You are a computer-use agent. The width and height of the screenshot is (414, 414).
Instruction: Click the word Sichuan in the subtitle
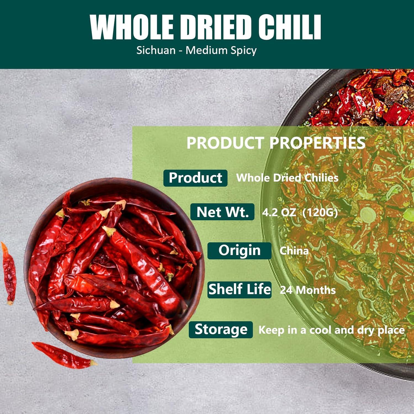(x=156, y=51)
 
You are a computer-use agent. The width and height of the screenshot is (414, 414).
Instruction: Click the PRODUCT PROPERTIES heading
(x=276, y=143)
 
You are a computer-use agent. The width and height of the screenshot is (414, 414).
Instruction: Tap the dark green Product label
(x=195, y=178)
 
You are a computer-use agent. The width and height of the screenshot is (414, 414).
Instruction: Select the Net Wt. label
(x=222, y=212)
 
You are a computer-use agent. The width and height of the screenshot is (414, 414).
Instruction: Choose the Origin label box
(x=239, y=251)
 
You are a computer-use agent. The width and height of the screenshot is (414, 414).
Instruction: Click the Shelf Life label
(x=239, y=290)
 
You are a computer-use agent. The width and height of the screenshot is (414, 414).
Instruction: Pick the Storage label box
(x=221, y=330)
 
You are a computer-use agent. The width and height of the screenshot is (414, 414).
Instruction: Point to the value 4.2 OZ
(x=279, y=213)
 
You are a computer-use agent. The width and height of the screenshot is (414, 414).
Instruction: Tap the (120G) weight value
(x=320, y=213)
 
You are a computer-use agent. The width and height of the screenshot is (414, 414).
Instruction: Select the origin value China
(x=294, y=251)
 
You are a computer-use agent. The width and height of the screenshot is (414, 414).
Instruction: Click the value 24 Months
(x=308, y=290)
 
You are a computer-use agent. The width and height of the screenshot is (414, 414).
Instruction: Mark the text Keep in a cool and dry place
(x=331, y=330)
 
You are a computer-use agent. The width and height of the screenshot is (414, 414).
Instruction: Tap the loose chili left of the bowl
(x=9, y=273)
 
